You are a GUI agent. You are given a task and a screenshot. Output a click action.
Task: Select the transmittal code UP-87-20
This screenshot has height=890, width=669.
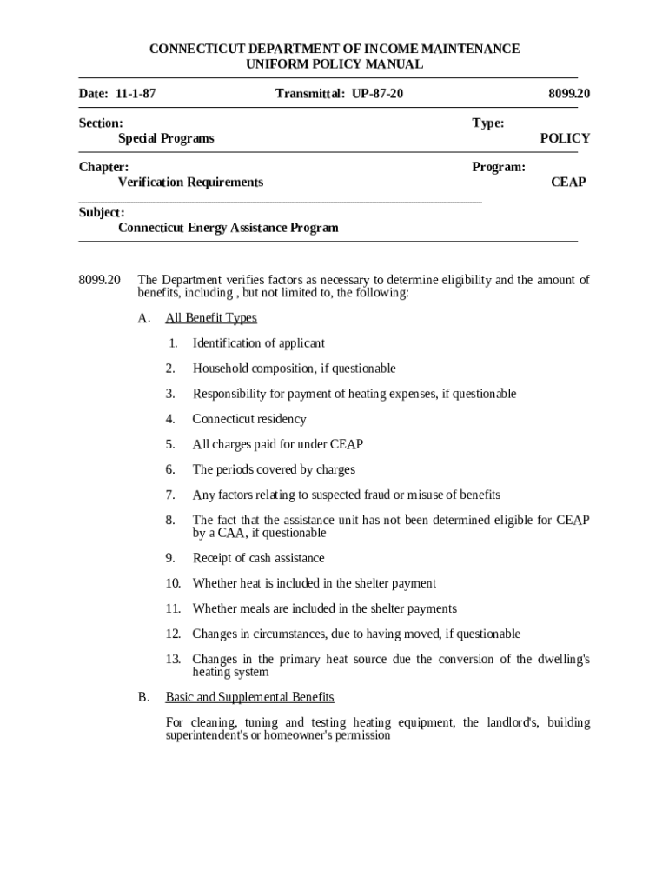click(377, 93)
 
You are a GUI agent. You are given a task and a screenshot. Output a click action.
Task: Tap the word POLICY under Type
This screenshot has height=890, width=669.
click(565, 138)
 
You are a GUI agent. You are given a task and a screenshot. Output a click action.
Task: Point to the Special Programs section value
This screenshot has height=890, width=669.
click(166, 138)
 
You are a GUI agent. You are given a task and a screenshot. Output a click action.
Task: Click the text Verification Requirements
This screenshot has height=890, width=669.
click(190, 182)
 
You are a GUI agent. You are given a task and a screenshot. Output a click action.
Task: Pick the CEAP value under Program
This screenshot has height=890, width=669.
click(568, 182)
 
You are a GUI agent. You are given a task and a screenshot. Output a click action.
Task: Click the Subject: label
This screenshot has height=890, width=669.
click(102, 212)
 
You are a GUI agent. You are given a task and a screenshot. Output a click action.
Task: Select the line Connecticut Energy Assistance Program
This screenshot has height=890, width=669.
click(228, 228)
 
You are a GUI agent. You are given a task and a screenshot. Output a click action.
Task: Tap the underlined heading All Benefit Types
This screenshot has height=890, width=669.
click(211, 318)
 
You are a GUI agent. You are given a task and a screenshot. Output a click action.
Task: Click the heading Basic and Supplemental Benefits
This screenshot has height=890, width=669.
click(249, 697)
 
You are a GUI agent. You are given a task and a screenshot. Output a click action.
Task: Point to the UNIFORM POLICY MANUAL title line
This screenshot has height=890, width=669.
click(334, 64)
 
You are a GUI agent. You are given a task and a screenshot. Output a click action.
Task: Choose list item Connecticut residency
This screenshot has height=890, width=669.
click(249, 419)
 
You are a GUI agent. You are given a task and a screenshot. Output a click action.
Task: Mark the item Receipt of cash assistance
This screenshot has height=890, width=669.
click(258, 558)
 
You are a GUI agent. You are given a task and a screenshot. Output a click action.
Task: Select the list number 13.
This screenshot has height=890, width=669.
click(173, 659)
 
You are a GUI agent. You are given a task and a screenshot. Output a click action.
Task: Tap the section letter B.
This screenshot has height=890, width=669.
click(143, 697)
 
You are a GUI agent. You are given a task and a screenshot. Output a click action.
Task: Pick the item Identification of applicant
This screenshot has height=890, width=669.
click(259, 343)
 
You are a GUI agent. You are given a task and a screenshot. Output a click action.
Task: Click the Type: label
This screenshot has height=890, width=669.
click(487, 123)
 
